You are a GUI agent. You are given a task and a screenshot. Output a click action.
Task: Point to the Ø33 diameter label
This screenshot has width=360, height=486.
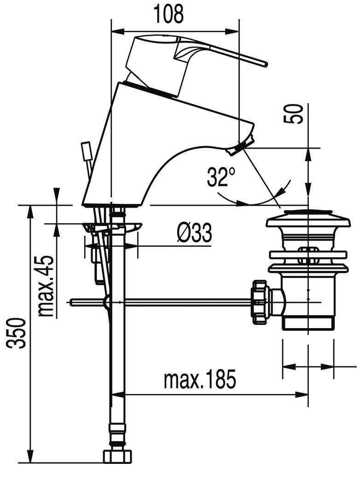coord(194,233)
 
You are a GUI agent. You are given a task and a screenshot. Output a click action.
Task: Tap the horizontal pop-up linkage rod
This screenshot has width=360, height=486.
coord(184,302)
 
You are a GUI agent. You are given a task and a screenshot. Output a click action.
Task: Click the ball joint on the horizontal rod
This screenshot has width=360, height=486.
coord(107,302)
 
